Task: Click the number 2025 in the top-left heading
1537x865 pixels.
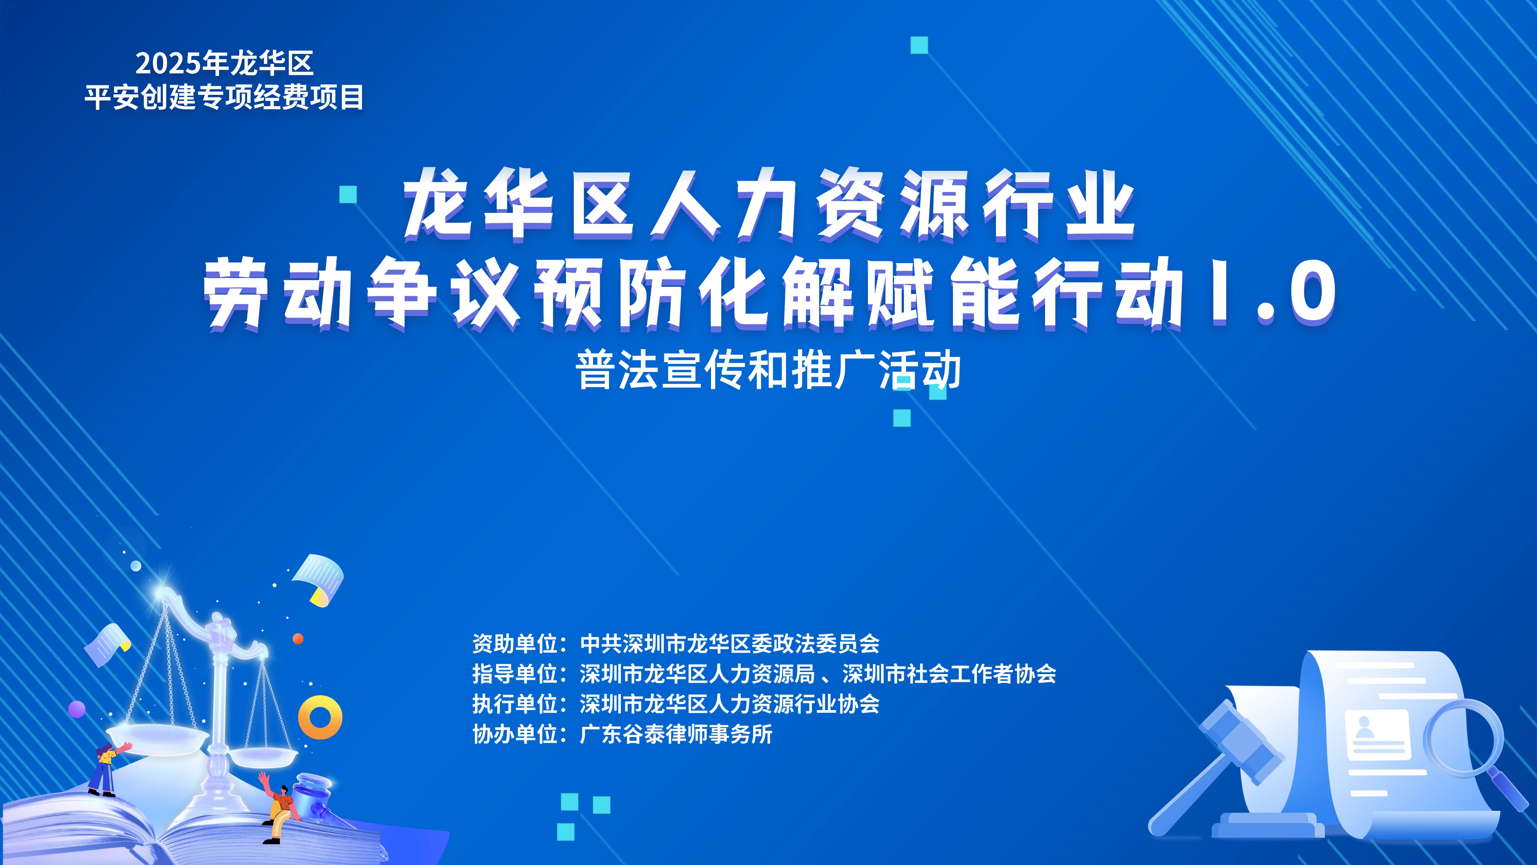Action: (x=169, y=63)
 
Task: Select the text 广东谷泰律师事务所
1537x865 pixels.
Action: (x=676, y=734)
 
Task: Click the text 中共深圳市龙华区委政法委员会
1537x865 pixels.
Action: (x=730, y=644)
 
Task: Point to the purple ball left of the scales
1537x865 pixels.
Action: (x=77, y=710)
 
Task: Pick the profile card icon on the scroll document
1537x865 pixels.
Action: (x=1377, y=734)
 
